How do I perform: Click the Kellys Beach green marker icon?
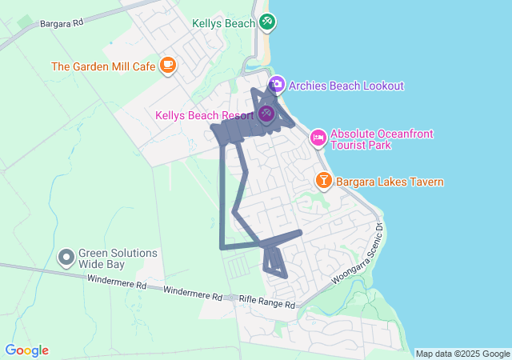click(x=267, y=23)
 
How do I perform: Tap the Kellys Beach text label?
click(x=223, y=23)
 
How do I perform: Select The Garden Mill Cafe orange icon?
click(x=167, y=66)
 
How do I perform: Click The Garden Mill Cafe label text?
click(x=103, y=66)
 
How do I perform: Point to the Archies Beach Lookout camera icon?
click(x=277, y=85)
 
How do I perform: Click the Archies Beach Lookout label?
click(x=346, y=86)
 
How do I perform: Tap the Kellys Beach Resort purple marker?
click(x=266, y=114)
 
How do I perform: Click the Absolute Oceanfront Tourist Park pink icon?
click(x=318, y=138)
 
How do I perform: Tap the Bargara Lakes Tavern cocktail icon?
click(x=323, y=181)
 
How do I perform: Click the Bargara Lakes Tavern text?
click(x=390, y=182)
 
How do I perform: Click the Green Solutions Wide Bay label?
click(x=118, y=258)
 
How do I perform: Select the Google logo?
click(x=26, y=350)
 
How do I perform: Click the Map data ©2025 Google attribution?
click(x=462, y=354)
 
